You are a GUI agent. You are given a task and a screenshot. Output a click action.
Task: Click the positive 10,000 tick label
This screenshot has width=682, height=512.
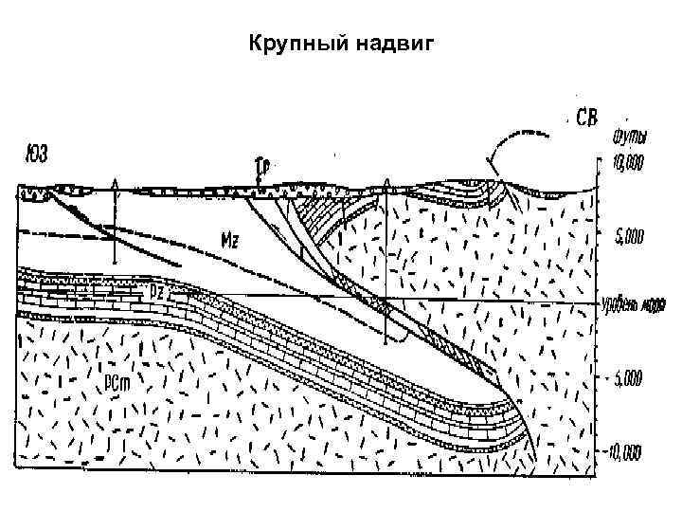[x=627, y=163]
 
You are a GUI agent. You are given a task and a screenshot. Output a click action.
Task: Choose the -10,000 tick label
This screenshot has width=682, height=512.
[x=626, y=449]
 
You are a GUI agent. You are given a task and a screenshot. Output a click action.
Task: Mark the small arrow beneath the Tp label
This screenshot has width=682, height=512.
[x=259, y=180]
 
